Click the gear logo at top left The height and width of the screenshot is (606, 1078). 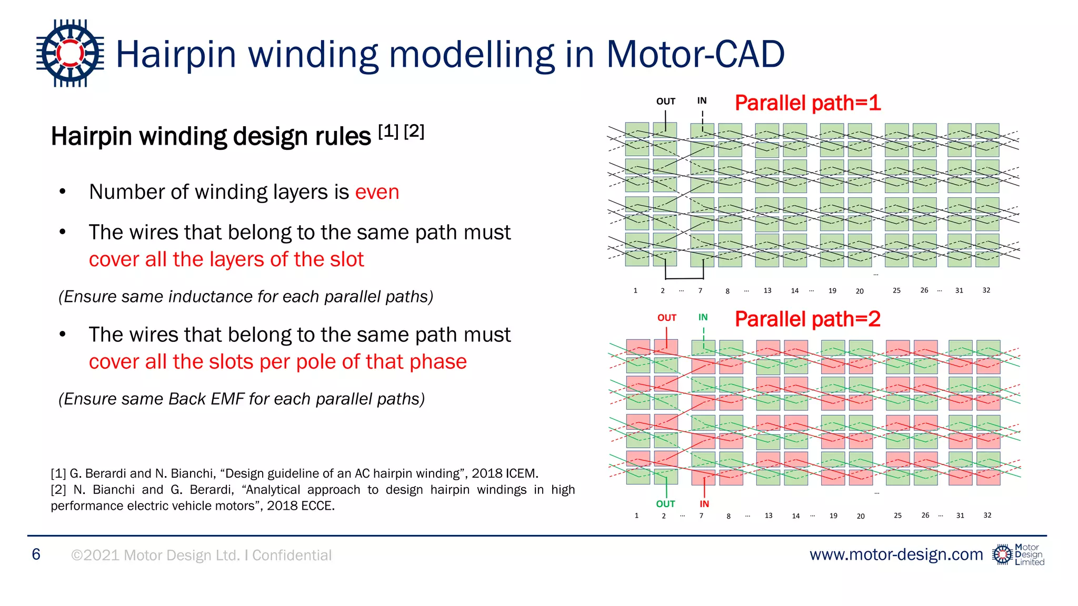click(x=70, y=53)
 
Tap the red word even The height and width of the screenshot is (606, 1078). click(x=377, y=192)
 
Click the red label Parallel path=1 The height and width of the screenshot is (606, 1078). click(x=807, y=103)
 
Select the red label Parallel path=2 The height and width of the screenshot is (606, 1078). click(x=807, y=319)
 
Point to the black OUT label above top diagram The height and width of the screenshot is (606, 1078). click(x=665, y=102)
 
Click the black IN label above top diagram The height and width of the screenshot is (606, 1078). click(x=702, y=100)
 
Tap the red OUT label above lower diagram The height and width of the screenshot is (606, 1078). click(x=666, y=318)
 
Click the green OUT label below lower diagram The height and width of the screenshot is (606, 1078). click(x=665, y=504)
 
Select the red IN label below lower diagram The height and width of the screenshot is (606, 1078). click(x=704, y=504)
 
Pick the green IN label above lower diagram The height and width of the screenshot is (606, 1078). click(x=703, y=317)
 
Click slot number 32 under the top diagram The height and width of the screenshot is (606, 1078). click(x=986, y=290)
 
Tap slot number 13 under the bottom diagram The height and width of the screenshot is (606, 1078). click(x=768, y=516)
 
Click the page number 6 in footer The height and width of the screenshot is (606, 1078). click(x=36, y=554)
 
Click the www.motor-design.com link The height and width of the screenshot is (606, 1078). click(x=896, y=554)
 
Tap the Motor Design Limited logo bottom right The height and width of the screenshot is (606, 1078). click(x=1018, y=555)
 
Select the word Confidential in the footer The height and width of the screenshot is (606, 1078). click(x=292, y=555)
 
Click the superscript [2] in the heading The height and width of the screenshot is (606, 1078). click(x=414, y=131)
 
